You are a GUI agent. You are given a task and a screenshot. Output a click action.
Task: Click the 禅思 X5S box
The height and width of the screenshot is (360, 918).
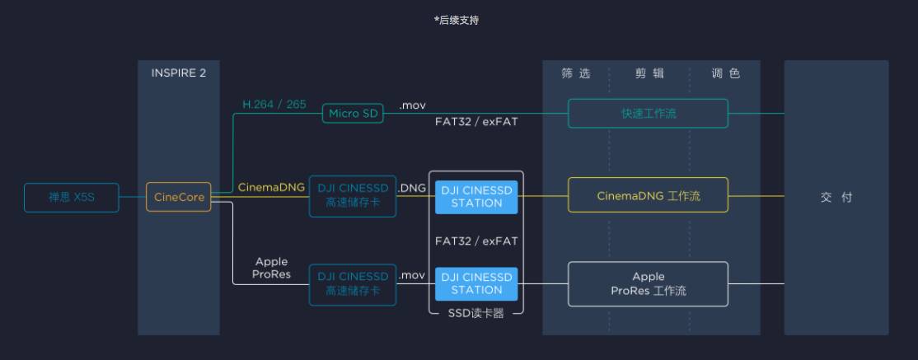71,198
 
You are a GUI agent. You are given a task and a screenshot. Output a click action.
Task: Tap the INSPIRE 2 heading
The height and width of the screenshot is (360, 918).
179,73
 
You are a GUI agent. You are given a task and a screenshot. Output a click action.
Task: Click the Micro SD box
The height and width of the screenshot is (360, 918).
354,114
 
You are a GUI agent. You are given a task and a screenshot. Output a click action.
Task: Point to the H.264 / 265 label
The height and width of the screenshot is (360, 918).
274,105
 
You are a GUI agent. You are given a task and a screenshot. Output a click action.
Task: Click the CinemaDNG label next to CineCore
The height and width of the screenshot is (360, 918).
271,188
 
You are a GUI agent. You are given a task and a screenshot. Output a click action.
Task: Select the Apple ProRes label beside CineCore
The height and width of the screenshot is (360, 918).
272,269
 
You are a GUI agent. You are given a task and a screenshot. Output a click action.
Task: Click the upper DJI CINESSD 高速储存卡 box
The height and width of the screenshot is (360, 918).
352,196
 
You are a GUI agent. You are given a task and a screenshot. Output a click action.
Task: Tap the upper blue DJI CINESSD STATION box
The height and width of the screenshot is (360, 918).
476,196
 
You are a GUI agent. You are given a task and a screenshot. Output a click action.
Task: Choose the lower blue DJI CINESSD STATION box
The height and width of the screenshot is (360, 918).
476,283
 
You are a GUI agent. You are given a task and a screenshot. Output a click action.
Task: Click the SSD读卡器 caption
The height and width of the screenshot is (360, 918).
475,314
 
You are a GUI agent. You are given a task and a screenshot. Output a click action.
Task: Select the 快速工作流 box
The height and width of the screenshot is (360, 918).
648,114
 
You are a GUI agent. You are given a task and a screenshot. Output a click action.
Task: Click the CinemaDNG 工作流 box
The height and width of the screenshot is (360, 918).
648,196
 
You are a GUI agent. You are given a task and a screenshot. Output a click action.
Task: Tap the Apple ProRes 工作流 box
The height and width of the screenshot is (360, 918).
648,283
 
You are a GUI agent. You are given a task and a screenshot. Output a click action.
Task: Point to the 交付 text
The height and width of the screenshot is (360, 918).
836,198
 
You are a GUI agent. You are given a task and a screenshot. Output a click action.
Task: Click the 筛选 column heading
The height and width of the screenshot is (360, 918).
576,73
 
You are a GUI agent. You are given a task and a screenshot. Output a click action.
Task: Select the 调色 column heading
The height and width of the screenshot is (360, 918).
725,73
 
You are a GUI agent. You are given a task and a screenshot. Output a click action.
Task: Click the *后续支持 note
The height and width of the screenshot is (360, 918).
457,21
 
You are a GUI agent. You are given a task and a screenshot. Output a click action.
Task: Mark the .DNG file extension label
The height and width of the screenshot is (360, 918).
412,188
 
